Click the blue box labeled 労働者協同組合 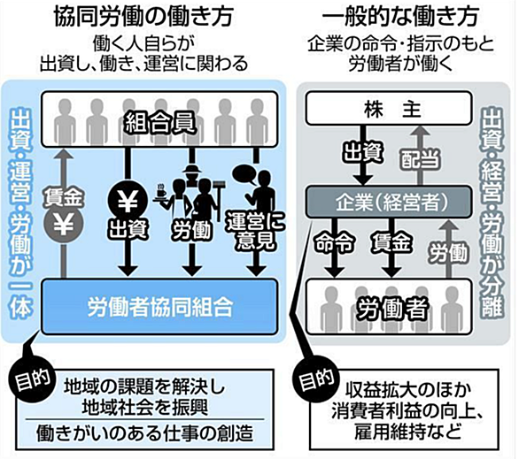click(159, 307)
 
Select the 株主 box click(389, 109)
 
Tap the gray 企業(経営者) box click(389, 202)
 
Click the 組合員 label click(159, 123)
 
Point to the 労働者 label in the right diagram click(392, 309)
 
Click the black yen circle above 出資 click(128, 201)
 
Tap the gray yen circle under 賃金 click(64, 225)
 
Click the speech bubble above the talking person click(244, 174)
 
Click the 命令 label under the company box click(334, 243)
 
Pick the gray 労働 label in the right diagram click(449, 252)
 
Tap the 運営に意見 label click(255, 230)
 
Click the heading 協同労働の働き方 click(143, 16)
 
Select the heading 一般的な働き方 click(400, 16)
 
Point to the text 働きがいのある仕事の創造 click(145, 433)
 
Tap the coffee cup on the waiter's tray click(161, 192)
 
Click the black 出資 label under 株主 click(363, 153)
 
